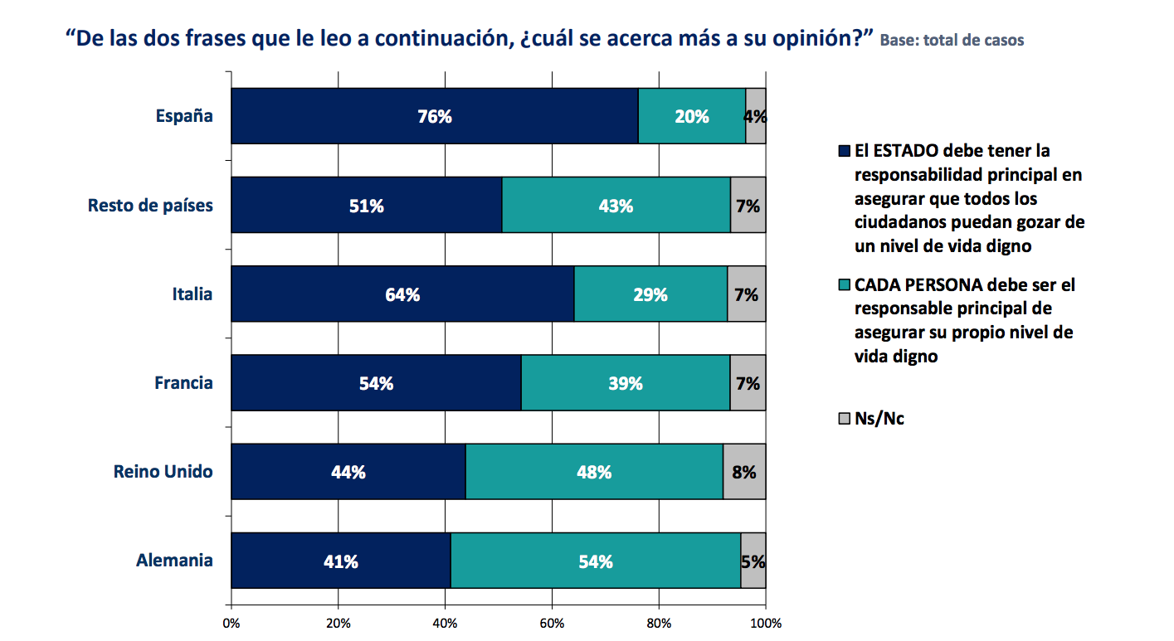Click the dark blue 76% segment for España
pyautogui.click(x=434, y=116)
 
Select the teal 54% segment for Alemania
pyautogui.click(x=595, y=561)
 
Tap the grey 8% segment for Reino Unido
pyautogui.click(x=744, y=472)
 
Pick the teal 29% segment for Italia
pyautogui.click(x=650, y=294)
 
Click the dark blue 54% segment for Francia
pyautogui.click(x=376, y=383)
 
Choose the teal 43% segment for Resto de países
pyautogui.click(x=616, y=206)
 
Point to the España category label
pyautogui.click(x=184, y=116)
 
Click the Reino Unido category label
pyautogui.click(x=163, y=472)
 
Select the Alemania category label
pyautogui.click(x=174, y=561)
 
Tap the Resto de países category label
pyautogui.click(x=150, y=206)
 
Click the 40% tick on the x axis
pyautogui.click(x=445, y=623)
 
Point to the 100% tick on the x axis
pyautogui.click(x=765, y=623)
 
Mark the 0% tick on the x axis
pyautogui.click(x=231, y=623)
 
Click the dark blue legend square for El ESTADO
pyautogui.click(x=845, y=152)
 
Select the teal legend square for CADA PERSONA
pyautogui.click(x=845, y=285)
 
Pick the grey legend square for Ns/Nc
pyautogui.click(x=845, y=419)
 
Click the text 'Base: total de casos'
pyautogui.click(x=952, y=40)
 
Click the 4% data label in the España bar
pyautogui.click(x=755, y=117)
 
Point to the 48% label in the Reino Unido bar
pyautogui.click(x=594, y=473)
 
